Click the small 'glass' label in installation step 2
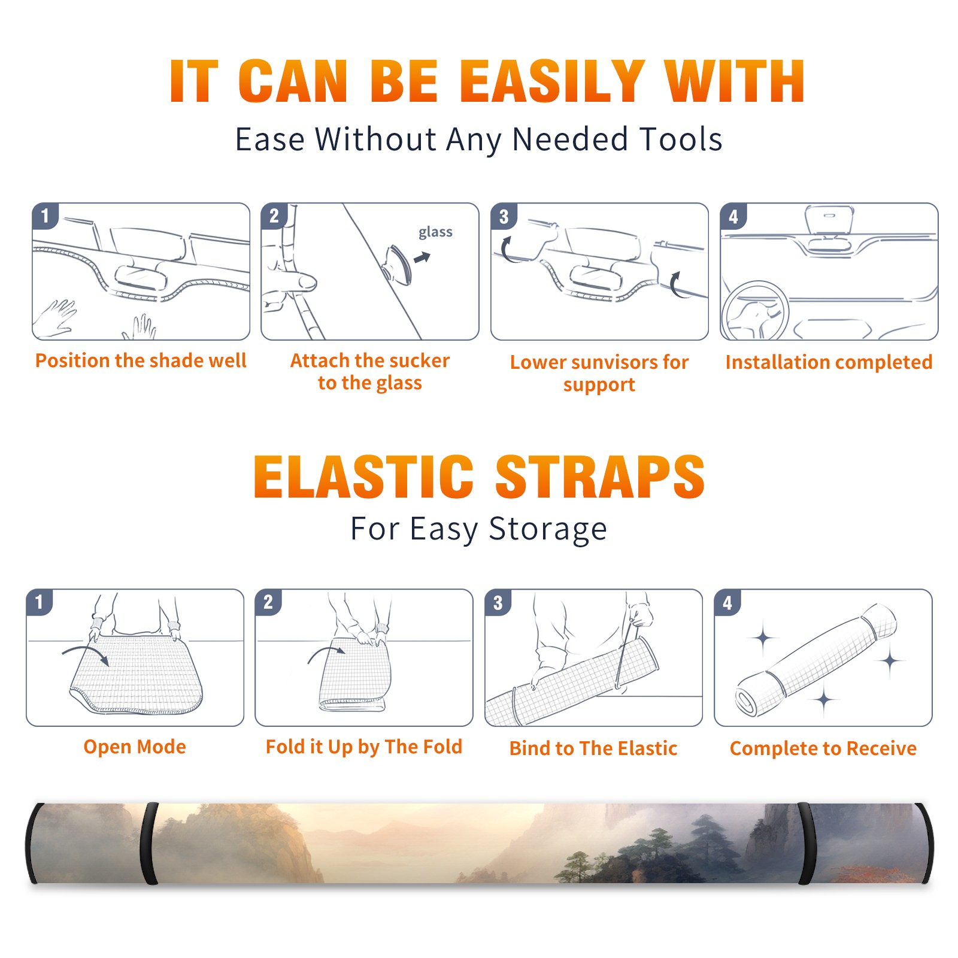[x=435, y=232]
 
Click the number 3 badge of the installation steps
[x=504, y=216]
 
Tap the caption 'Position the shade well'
[x=141, y=360]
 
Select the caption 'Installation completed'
[x=829, y=362]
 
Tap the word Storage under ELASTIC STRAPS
[x=548, y=529]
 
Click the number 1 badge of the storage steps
[x=40, y=602]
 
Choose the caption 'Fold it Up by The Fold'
[x=364, y=747]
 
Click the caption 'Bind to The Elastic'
[x=593, y=748]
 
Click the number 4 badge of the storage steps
[x=727, y=602]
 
